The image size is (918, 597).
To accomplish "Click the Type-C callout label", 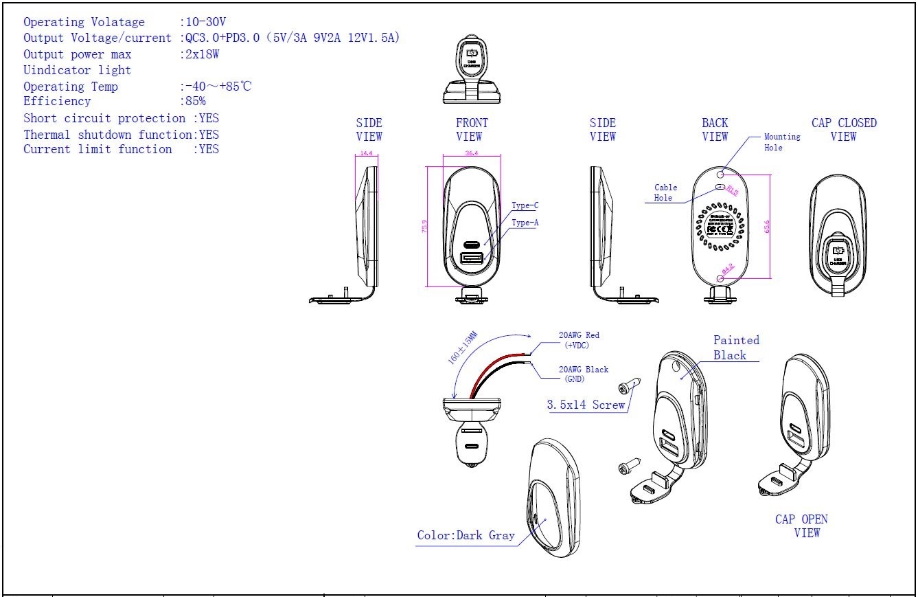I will (525, 205).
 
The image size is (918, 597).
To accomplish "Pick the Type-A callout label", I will (525, 223).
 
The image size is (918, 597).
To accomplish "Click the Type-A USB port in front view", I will (472, 258).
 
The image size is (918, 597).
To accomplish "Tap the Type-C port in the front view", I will (472, 244).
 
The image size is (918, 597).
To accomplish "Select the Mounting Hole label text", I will (782, 142).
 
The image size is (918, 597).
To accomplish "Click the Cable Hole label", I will (665, 192).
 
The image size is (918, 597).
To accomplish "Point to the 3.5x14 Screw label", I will (586, 405).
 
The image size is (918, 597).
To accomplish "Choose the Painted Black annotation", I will (736, 348).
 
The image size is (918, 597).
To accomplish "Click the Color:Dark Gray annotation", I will (466, 536).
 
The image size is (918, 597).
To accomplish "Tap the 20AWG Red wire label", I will (578, 339).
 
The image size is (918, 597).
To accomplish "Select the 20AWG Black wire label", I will (583, 374).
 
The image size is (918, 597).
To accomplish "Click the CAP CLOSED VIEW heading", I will (844, 129).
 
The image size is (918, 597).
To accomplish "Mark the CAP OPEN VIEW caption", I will (801, 526).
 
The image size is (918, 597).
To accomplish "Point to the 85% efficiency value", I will (195, 102).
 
